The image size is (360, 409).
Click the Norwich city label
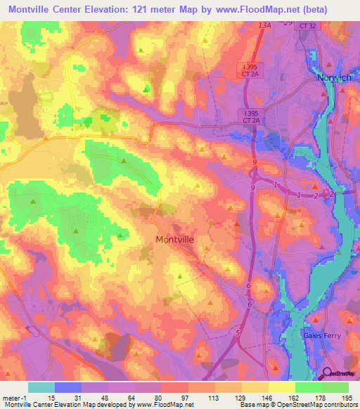pyautogui.click(x=334, y=77)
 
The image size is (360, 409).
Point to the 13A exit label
pyautogui.click(x=264, y=25)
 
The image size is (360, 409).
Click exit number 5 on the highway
pyautogui.click(x=238, y=332)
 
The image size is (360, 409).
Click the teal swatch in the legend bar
pyautogui.click(x=41, y=387)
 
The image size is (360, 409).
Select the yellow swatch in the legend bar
pyautogui.click(x=282, y=387)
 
